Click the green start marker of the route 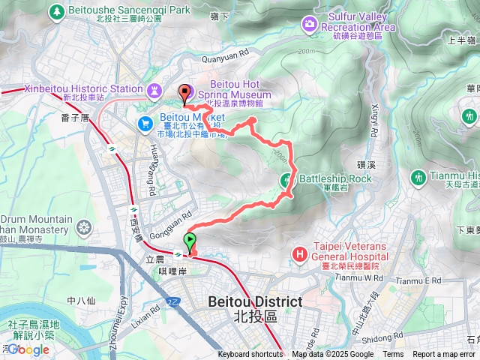pyautogui.click(x=190, y=241)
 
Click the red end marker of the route pyautogui.click(x=184, y=94)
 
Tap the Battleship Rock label pyautogui.click(x=335, y=178)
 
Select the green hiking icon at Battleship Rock pyautogui.click(x=286, y=179)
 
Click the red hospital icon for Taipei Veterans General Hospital pyautogui.click(x=300, y=255)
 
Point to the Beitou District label pyautogui.click(x=255, y=308)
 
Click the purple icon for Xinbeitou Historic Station pyautogui.click(x=154, y=89)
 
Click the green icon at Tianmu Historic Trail pyautogui.click(x=417, y=178)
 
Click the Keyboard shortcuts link pyautogui.click(x=250, y=355)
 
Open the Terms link pyautogui.click(x=393, y=355)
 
